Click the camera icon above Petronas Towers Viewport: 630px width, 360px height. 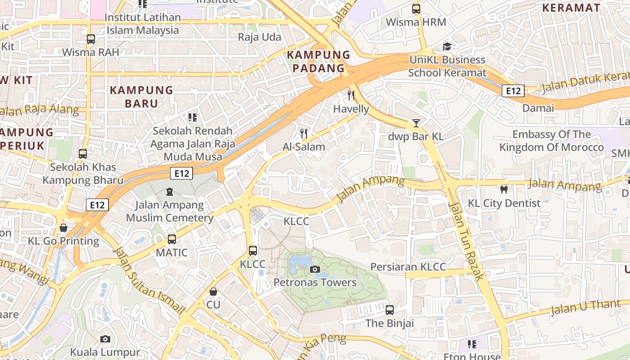tap(315, 269)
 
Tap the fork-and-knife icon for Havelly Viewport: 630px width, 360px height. tap(351, 95)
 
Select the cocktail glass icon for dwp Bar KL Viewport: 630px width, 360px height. tap(416, 123)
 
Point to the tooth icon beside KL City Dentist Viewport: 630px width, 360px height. tap(504, 190)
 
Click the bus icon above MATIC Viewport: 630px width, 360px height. tap(171, 239)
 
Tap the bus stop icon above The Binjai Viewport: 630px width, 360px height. tap(390, 310)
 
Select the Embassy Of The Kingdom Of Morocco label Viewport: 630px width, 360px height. tap(551, 141)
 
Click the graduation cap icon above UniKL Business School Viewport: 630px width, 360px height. tap(447, 46)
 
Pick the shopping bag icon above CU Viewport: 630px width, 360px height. tap(213, 292)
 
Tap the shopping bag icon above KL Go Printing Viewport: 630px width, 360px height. tap(63, 228)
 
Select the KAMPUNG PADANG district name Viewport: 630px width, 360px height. tap(319, 62)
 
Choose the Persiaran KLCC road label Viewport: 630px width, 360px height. tap(408, 267)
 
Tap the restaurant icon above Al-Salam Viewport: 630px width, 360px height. tap(304, 133)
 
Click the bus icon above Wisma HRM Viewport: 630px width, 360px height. tap(416, 9)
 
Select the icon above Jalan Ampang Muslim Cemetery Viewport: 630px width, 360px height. tap(169, 192)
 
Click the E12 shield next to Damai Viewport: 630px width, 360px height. tap(513, 91)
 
